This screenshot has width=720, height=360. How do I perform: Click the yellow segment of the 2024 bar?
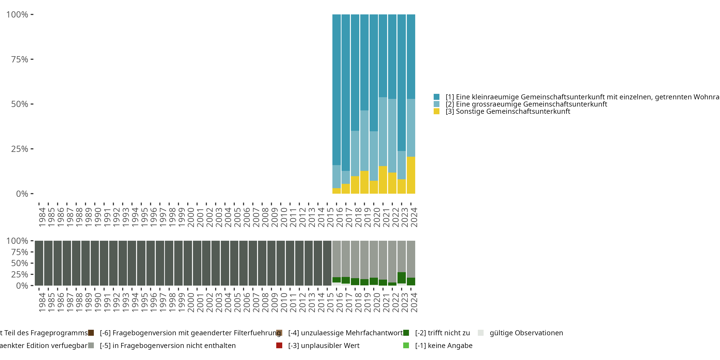pos(411,175)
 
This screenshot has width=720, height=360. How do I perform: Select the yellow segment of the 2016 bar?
pos(336,191)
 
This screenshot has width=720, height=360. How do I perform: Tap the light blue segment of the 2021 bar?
pos(383,131)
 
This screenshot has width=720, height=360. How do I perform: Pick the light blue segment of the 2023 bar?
pos(402,165)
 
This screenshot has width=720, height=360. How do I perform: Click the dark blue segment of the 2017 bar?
pos(346,92)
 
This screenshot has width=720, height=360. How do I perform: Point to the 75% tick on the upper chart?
pos(32,59)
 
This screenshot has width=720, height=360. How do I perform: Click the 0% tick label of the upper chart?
pos(22,194)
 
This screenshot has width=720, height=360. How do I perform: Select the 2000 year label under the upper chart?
pos(191,217)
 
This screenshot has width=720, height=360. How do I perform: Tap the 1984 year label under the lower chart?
pos(42,302)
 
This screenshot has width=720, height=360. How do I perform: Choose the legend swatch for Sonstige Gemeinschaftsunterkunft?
pos(437,112)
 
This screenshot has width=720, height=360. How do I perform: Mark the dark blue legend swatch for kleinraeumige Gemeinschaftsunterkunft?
pos(437,97)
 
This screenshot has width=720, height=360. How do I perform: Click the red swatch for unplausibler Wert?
pos(279,345)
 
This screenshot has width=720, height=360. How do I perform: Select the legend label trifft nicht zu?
pos(443,333)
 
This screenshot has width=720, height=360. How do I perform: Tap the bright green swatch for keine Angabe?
pos(406,345)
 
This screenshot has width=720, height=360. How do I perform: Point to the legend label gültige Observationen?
pos(526,333)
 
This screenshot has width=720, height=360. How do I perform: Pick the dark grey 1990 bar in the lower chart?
pos(95,263)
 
